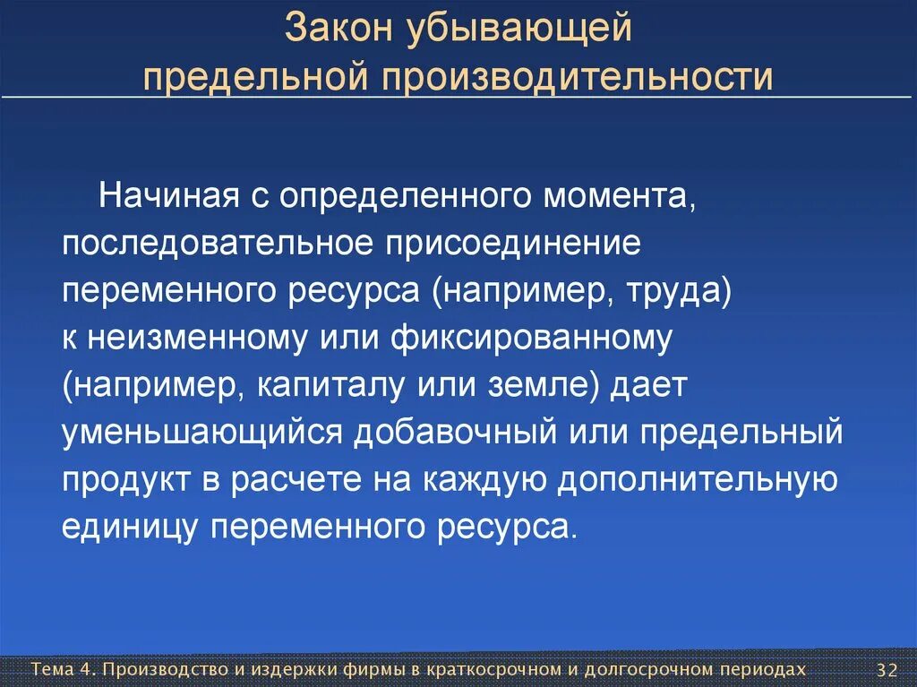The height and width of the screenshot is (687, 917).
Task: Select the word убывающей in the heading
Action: tap(524, 28)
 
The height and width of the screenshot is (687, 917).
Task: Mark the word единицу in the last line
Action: tap(130, 527)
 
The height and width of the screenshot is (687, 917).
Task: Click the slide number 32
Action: tap(887, 671)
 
